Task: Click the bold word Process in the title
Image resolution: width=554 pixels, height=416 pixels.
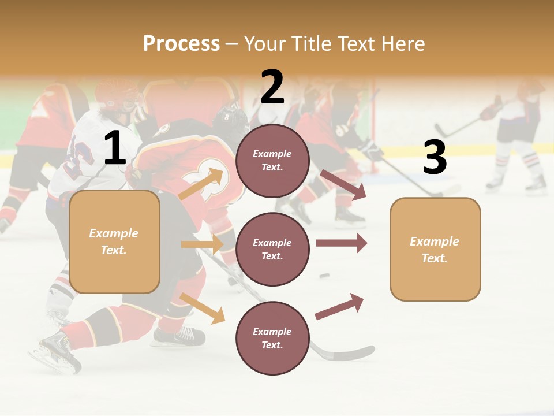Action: pyautogui.click(x=181, y=43)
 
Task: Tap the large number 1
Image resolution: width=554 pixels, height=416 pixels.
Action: pyautogui.click(x=115, y=148)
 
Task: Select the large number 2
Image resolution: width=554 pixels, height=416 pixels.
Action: pyautogui.click(x=272, y=87)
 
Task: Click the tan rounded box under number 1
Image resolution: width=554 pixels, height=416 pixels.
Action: pyautogui.click(x=114, y=242)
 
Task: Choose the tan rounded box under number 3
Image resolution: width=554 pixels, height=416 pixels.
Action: pyautogui.click(x=435, y=250)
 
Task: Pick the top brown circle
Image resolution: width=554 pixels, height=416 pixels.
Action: pyautogui.click(x=272, y=161)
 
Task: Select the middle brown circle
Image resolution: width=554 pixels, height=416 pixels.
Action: pyautogui.click(x=272, y=249)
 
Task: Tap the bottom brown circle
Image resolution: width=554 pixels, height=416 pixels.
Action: pyautogui.click(x=272, y=338)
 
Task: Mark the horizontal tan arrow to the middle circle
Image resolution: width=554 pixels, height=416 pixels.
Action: pyautogui.click(x=202, y=244)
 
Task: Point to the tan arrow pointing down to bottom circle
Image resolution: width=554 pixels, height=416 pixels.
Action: pyautogui.click(x=202, y=307)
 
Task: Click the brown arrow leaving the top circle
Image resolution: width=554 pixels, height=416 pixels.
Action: pyautogui.click(x=343, y=184)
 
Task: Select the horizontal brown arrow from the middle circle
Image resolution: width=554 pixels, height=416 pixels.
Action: pyautogui.click(x=342, y=243)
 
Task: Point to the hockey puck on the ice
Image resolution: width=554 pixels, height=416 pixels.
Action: pyautogui.click(x=324, y=276)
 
